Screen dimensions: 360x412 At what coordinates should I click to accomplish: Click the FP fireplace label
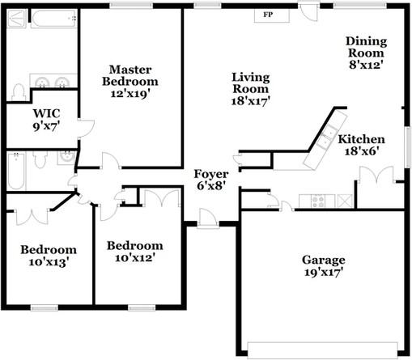tap(268, 15)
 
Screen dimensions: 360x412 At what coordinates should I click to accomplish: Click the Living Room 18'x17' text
tap(250, 89)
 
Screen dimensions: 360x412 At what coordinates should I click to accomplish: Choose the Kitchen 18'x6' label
tap(362, 144)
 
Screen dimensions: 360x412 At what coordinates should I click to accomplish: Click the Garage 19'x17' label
tap(323, 266)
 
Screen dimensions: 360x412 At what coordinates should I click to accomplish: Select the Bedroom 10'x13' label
tap(48, 256)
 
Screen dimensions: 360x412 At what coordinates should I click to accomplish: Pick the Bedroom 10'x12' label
tap(134, 252)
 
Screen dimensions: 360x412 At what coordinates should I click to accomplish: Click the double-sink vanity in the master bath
tap(53, 82)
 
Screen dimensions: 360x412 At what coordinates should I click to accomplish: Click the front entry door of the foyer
tap(208, 218)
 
